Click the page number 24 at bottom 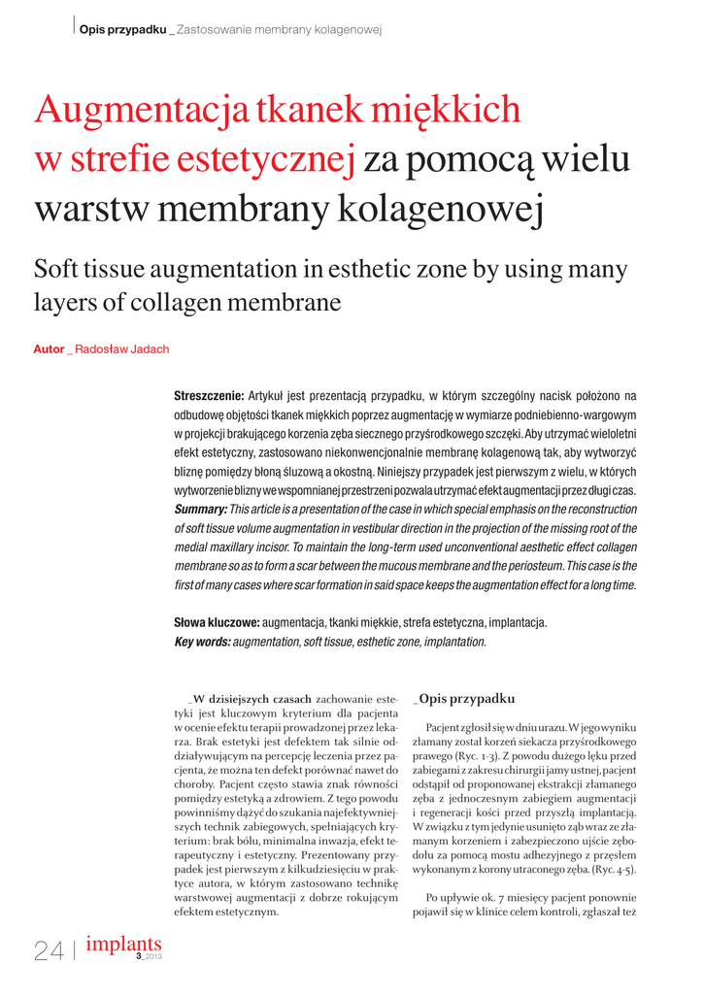coord(49,951)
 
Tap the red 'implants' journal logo coord(123,943)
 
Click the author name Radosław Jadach coord(121,348)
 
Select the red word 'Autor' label coord(49,348)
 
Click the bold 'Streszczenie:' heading coord(208,395)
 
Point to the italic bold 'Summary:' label coord(200,510)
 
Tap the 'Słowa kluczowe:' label coord(216,622)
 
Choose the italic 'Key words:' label coord(202,642)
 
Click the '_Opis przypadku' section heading coord(463,699)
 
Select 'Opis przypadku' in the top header coord(122,30)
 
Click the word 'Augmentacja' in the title coord(141,112)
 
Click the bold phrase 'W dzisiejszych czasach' coord(252,699)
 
